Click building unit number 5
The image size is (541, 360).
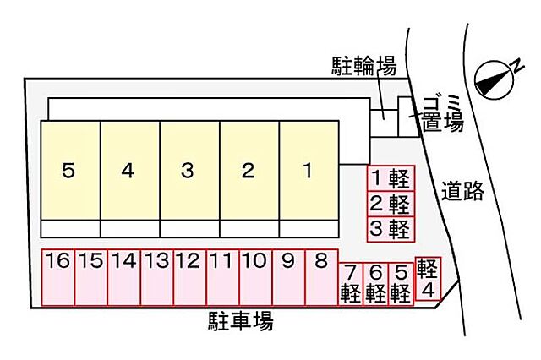[70, 170]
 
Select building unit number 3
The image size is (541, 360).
[189, 170]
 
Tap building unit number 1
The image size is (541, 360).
[309, 170]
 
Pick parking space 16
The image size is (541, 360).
[58, 277]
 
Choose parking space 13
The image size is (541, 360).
[157, 277]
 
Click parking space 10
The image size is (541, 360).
[256, 277]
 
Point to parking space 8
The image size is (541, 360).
[321, 277]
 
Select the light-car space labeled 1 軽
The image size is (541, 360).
[391, 178]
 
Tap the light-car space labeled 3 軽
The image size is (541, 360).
[391, 229]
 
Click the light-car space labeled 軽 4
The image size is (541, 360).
[429, 279]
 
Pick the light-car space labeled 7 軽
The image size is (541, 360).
[351, 284]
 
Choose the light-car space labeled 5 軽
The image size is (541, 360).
[401, 284]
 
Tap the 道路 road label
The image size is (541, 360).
[462, 191]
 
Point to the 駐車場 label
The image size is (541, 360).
[241, 321]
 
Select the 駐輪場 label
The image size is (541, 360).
[364, 66]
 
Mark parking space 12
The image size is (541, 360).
[190, 277]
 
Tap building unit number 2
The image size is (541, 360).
[249, 170]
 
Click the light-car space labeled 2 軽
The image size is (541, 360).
[391, 204]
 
